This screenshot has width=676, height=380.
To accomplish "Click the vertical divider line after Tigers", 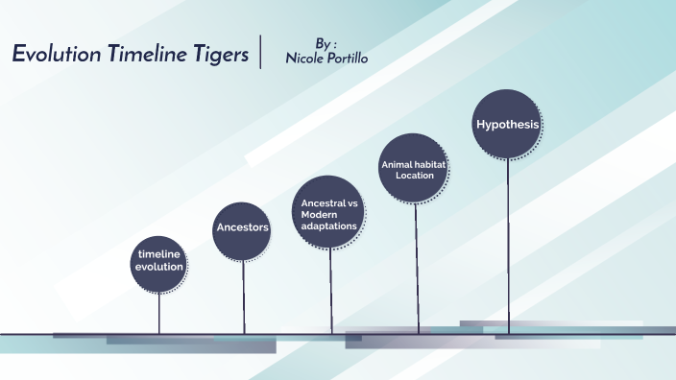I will coord(259,53).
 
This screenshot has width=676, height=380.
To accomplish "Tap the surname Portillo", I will coord(348,59).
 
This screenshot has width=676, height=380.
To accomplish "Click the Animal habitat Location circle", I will coord(415,169).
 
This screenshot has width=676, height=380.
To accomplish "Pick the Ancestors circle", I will coord(242,227).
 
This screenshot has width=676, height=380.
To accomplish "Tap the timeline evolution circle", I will coord(159,260).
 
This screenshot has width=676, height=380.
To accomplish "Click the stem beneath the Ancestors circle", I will coord(243,297).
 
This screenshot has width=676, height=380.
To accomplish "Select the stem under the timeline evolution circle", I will coord(159,312).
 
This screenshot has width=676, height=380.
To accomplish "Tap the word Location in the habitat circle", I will coord(415,176).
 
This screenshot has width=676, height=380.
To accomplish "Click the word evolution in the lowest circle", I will coord(159,266).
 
